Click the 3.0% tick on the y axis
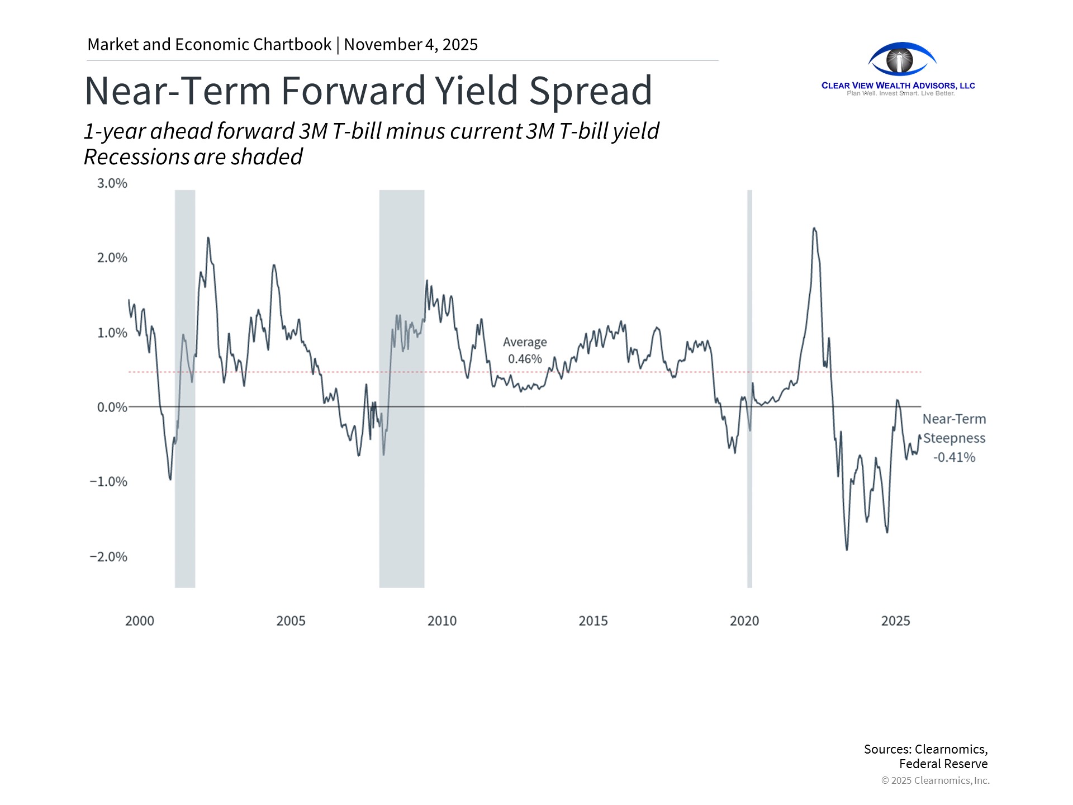point(112,183)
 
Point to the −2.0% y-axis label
point(108,557)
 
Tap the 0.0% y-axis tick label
point(112,408)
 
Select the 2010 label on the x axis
point(441,621)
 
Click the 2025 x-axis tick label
point(895,621)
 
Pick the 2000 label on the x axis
point(139,621)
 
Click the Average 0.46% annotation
point(524,351)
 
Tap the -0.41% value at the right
point(954,457)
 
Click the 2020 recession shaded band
point(749,503)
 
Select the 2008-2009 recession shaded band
point(401,503)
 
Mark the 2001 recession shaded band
point(185,531)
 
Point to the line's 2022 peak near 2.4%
point(814,228)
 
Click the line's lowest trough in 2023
point(847,550)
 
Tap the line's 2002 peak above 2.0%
point(208,238)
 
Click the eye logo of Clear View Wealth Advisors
point(901,60)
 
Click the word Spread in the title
point(590,91)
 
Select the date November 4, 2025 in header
point(411,45)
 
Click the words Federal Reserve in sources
point(943,764)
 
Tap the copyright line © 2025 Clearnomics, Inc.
point(935,780)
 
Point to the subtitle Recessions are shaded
point(193,157)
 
